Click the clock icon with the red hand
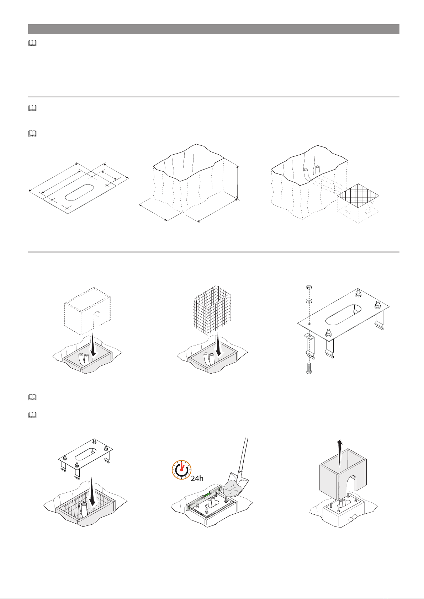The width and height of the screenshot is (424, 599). pos(181,470)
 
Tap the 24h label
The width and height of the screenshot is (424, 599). pos(197,478)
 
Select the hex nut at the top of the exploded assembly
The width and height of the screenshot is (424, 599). pos(308,288)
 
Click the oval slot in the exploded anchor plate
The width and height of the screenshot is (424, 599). pos(343,315)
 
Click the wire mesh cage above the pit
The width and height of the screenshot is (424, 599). pos(212,310)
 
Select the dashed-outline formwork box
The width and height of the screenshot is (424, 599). pos(88,311)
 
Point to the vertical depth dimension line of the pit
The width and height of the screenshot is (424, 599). pos(237,183)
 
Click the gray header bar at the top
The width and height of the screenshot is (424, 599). pos(214,29)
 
